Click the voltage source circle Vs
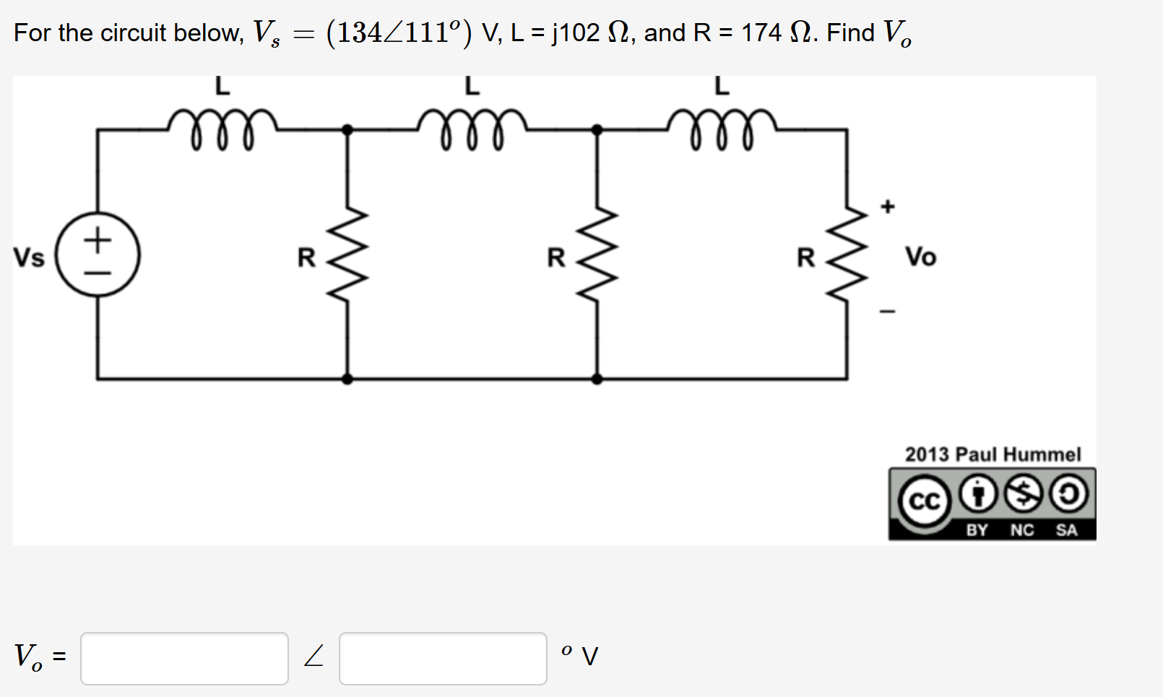pyautogui.click(x=98, y=255)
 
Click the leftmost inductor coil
pyautogui.click(x=222, y=128)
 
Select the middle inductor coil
pyautogui.click(x=472, y=128)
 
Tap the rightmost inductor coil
pyautogui.click(x=722, y=128)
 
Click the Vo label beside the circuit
pyautogui.click(x=920, y=256)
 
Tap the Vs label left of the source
pyautogui.click(x=29, y=258)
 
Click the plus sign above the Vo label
pyautogui.click(x=888, y=207)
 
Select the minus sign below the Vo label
pyautogui.click(x=888, y=311)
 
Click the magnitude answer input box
pyautogui.click(x=184, y=658)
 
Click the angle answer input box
pyautogui.click(x=443, y=658)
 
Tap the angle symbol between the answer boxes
pyautogui.click(x=314, y=657)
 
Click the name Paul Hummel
pyautogui.click(x=1018, y=454)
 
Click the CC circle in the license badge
pyautogui.click(x=925, y=501)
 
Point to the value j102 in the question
pyautogui.click(x=576, y=33)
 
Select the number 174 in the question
pyautogui.click(x=761, y=33)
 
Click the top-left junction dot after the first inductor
pyautogui.click(x=347, y=130)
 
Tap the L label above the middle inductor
pyautogui.click(x=472, y=86)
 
